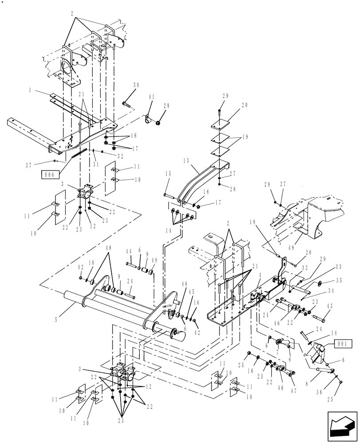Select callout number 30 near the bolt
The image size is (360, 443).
pyautogui.click(x=136, y=85)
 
